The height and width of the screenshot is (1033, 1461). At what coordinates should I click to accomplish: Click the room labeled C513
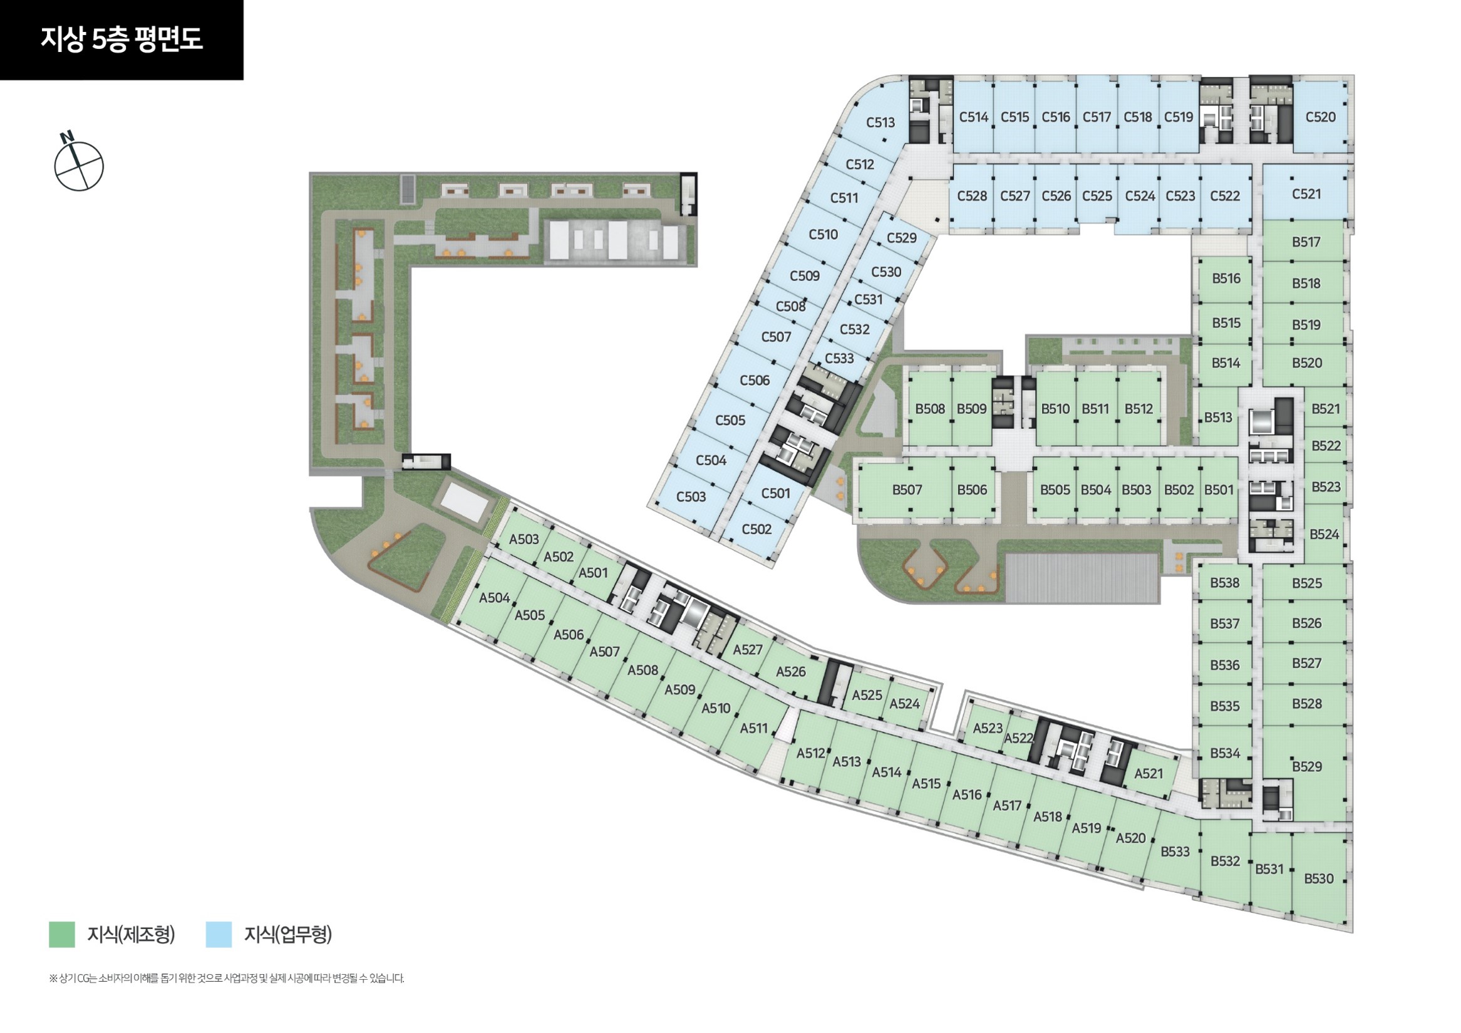tap(880, 122)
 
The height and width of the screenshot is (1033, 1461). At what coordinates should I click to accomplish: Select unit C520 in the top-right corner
tap(1320, 117)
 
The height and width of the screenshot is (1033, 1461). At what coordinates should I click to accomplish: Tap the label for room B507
tap(907, 490)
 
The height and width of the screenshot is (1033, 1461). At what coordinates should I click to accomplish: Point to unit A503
tap(524, 540)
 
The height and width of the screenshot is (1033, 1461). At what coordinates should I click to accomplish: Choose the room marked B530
tap(1318, 878)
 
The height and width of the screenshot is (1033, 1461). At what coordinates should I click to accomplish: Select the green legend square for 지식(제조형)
tap(62, 935)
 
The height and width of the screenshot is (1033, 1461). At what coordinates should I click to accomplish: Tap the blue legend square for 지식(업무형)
tap(219, 935)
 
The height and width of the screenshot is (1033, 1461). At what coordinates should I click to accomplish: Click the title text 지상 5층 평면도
tap(121, 39)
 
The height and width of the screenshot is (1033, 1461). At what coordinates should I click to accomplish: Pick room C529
tap(902, 238)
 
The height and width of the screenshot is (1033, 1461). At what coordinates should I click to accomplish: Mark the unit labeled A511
tap(754, 728)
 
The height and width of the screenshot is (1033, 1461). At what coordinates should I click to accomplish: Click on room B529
tap(1306, 766)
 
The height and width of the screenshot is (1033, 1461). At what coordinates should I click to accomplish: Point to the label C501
tap(776, 493)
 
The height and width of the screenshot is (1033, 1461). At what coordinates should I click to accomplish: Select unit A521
tap(1149, 773)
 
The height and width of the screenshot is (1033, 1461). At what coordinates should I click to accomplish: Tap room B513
tap(1218, 418)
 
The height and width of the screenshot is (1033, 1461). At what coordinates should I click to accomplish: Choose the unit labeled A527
tap(748, 649)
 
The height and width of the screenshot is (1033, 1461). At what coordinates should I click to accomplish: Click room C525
tap(1097, 196)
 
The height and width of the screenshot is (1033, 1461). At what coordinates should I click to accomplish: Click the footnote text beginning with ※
tap(227, 979)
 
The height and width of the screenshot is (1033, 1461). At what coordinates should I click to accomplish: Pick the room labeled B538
tap(1224, 583)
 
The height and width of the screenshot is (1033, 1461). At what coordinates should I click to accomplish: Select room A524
tap(904, 704)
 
